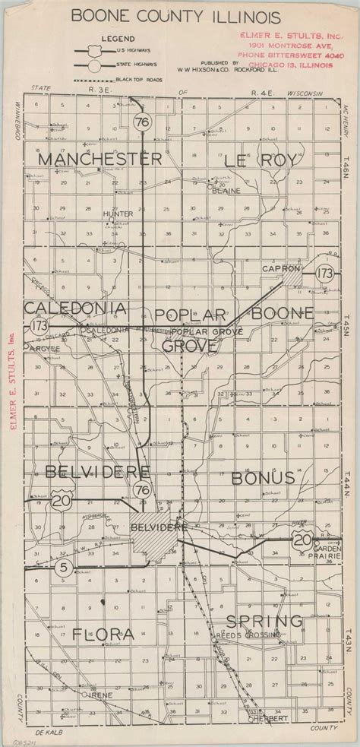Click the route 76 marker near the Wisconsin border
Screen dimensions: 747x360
pyautogui.click(x=141, y=123)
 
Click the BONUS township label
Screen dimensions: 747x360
pyautogui.click(x=262, y=478)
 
